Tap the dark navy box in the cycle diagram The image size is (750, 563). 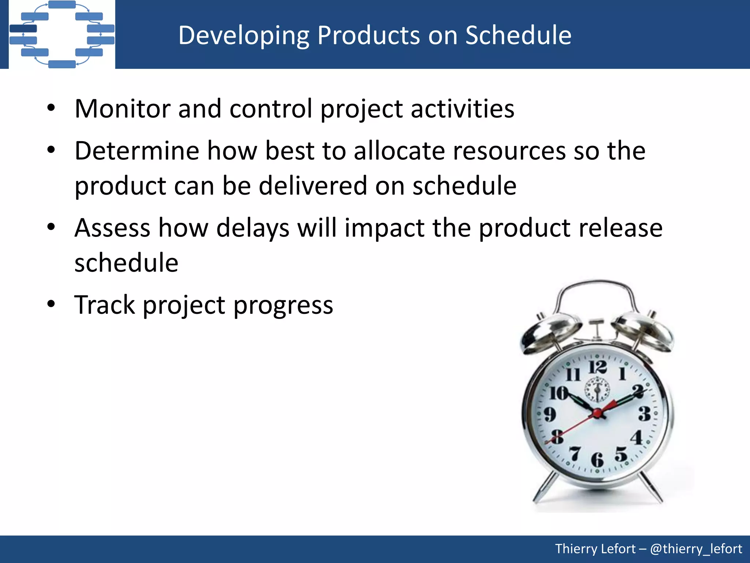(23, 29)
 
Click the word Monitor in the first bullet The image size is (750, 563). (122, 109)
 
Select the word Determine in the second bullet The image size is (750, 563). (137, 151)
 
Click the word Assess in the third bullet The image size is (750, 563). (112, 228)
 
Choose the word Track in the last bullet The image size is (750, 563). (104, 305)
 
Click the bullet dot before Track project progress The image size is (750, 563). (51, 304)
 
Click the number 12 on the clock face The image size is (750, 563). (598, 367)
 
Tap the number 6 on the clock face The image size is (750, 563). (597, 460)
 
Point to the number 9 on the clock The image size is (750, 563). (550, 414)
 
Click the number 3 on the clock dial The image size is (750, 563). (645, 413)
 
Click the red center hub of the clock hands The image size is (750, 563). (597, 413)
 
